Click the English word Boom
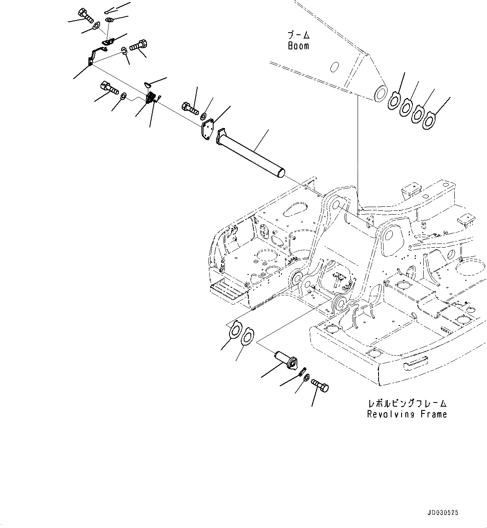(298, 46)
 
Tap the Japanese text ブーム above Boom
(298, 35)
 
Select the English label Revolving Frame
(407, 414)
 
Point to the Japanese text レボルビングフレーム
(407, 404)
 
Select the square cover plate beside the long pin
(207, 129)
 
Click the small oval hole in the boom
(334, 67)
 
